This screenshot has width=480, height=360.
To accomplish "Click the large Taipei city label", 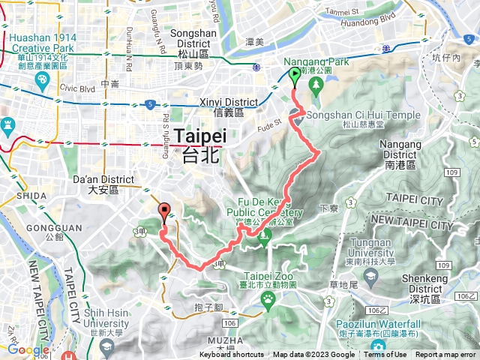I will pos(199,143).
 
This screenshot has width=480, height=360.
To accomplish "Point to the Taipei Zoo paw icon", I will pos(268,298).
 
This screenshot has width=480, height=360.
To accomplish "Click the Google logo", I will pos(28,349).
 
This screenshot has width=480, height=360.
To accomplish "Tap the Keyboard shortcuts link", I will pos(232,355).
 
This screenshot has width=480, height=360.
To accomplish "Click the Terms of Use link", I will pos(385,355).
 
